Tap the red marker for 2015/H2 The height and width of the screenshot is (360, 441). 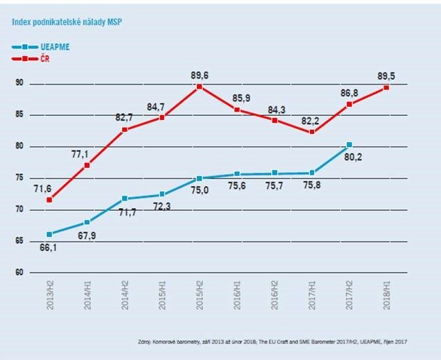pos(199,87)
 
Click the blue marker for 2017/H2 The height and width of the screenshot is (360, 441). pos(349,144)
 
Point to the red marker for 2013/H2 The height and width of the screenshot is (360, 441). pos(49,200)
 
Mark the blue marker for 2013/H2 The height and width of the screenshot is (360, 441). pos(49,234)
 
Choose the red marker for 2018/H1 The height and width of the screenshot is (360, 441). pos(386,87)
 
